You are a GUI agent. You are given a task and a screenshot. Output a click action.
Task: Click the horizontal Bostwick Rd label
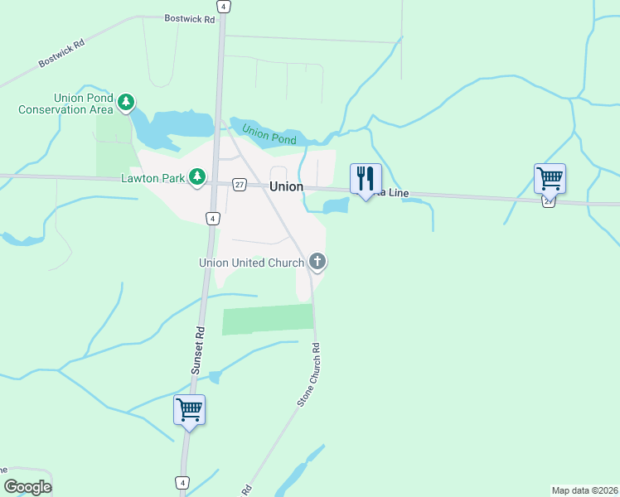click(x=189, y=17)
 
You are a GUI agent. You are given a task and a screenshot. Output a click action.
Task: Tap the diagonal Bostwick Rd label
click(x=63, y=51)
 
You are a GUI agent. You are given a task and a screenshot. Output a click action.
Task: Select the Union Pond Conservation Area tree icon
click(x=125, y=103)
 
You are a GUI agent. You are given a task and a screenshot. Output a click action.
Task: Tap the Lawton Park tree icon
click(x=197, y=176)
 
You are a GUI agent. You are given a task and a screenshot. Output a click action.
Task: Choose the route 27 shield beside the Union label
click(x=239, y=185)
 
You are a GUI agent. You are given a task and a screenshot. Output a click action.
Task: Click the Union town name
click(x=286, y=186)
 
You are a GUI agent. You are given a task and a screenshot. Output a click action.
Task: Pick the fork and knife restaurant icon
click(x=366, y=178)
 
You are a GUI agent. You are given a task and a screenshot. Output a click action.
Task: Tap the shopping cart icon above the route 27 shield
click(x=550, y=177)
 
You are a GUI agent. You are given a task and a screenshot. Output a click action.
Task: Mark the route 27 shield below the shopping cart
click(x=549, y=201)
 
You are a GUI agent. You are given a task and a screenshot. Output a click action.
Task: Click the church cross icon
click(x=317, y=263)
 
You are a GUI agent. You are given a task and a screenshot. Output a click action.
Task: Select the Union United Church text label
click(x=251, y=263)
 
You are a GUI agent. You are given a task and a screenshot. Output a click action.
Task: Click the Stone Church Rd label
click(x=309, y=374)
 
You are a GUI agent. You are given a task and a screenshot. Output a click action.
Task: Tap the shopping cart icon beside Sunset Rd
click(x=189, y=409)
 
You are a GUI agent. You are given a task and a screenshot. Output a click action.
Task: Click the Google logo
click(x=28, y=487)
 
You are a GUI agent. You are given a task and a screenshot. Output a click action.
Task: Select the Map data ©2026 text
click(x=584, y=490)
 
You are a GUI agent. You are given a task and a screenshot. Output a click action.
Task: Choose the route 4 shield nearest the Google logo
click(x=182, y=482)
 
